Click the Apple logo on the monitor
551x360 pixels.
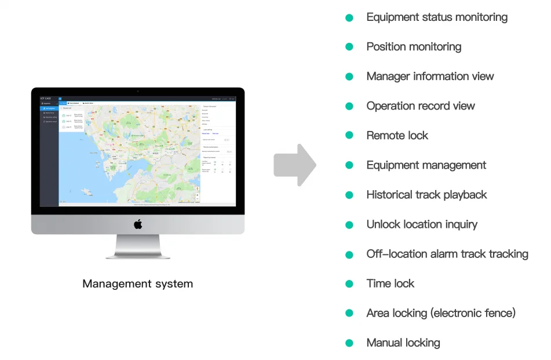pyautogui.click(x=138, y=224)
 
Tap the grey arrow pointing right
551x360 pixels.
pyautogui.click(x=295, y=165)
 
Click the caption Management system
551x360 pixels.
pyautogui.click(x=137, y=284)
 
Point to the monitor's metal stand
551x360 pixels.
pyautogui.click(x=138, y=247)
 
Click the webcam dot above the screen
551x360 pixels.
pyautogui.click(x=138, y=91)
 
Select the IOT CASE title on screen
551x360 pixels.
pyautogui.click(x=46, y=99)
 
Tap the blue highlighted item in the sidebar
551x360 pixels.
pyautogui.click(x=49, y=108)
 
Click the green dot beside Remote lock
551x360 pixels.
pyautogui.click(x=349, y=136)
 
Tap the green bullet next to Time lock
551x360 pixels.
pyautogui.click(x=349, y=283)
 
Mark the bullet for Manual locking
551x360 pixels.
pyautogui.click(x=349, y=343)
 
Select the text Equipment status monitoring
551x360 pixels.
pyautogui.click(x=437, y=17)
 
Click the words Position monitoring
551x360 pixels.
pyautogui.click(x=414, y=47)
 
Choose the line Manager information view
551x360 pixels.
pyautogui.click(x=430, y=77)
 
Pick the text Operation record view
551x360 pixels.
pyautogui.click(x=421, y=106)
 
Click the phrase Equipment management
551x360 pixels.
pyautogui.click(x=426, y=165)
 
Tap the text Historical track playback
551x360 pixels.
pyautogui.click(x=426, y=195)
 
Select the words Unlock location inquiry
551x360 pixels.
pyautogui.click(x=422, y=224)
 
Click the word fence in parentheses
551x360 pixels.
pyautogui.click(x=498, y=313)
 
